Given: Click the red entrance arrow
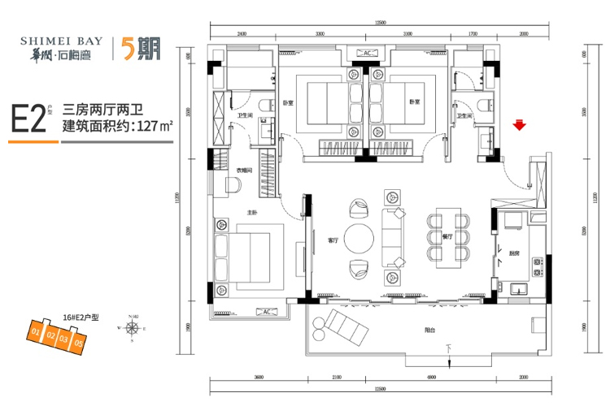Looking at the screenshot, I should pyautogui.click(x=518, y=125).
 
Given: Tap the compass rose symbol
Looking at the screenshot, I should pyautogui.click(x=133, y=328).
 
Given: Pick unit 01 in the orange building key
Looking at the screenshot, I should pyautogui.click(x=36, y=333).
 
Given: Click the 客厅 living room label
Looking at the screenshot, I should pyautogui.click(x=332, y=240).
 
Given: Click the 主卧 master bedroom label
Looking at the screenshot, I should pyautogui.click(x=251, y=213).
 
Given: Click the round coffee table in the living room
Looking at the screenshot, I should pyautogui.click(x=359, y=240).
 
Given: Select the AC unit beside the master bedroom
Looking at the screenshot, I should pyautogui.click(x=264, y=311).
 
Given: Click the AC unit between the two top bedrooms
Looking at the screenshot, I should pyautogui.click(x=367, y=54).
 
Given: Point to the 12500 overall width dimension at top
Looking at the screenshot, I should pyautogui.click(x=380, y=24).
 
